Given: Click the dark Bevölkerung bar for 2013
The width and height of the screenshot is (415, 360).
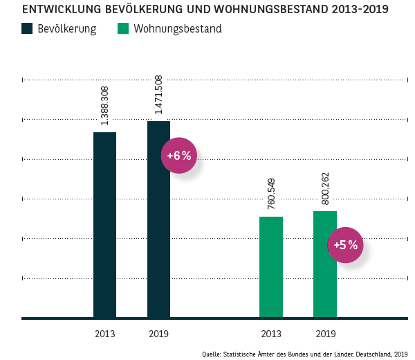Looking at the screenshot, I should coord(104,225).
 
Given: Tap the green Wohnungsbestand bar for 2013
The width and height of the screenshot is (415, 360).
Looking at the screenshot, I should coord(270,267).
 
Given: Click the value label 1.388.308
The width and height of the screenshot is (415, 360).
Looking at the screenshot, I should coord(104,106).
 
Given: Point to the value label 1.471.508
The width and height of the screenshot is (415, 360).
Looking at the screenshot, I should coord(158,96).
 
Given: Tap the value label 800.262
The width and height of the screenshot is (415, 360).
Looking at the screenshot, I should coord(324,189).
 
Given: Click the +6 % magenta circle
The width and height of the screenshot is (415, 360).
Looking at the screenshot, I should coord(179,156).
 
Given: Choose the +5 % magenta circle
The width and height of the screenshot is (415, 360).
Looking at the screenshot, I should coord(345,245).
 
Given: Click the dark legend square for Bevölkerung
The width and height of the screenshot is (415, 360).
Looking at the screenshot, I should coord(28,29).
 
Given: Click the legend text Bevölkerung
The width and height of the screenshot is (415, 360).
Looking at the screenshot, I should coord(67,29).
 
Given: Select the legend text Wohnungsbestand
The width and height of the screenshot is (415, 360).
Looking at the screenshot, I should coord(178,29).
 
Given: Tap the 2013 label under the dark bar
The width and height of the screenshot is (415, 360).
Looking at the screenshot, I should coord(104,334).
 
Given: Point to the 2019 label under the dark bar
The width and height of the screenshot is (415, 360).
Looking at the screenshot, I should coord(158,334).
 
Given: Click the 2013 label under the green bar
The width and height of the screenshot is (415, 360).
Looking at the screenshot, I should coord(270,334).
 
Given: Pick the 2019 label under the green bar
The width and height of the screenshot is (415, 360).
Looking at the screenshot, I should coord(325,334).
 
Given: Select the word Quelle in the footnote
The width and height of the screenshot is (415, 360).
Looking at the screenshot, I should coord(211,353).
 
